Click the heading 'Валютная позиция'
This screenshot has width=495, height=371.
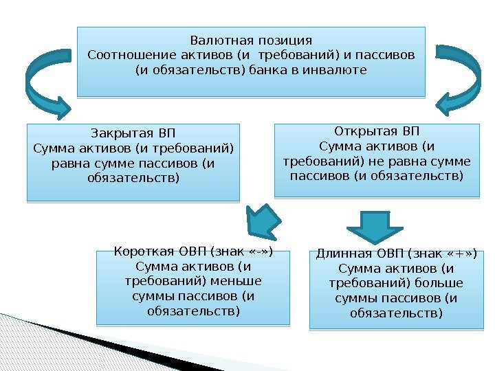point(251,40)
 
